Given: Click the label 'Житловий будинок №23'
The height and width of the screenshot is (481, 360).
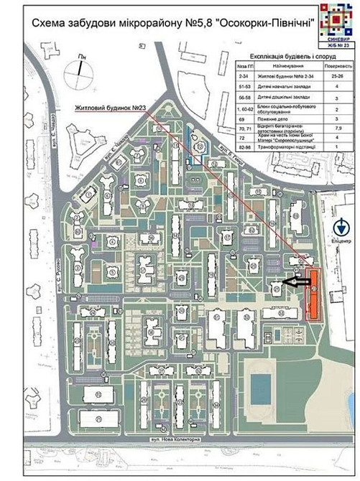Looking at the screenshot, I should pyautogui.click(x=112, y=108).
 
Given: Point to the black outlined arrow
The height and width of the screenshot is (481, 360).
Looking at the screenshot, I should pyautogui.click(x=295, y=282).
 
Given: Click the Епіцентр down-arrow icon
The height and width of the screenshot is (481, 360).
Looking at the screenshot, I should pyautogui.click(x=343, y=228).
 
